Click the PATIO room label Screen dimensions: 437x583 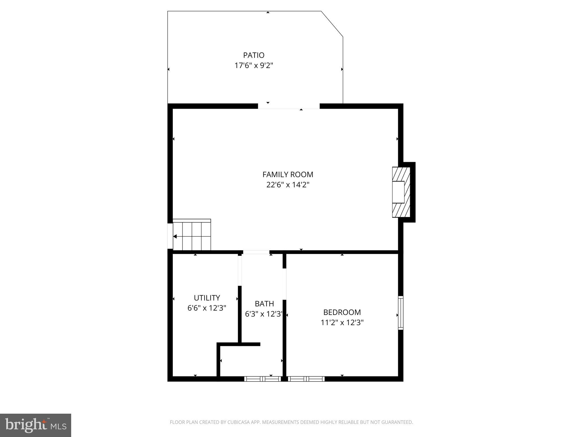point(254,55)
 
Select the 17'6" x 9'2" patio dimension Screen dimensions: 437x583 point(254,66)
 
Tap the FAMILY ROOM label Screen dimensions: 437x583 point(288,174)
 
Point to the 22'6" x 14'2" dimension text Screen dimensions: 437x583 point(288,185)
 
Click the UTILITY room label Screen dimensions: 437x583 point(207,298)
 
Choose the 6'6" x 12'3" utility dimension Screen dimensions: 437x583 point(207,308)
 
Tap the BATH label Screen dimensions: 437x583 point(264,304)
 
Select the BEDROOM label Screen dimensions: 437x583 point(342,312)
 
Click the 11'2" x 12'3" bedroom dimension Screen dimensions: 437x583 point(342,323)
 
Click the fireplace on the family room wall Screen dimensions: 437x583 point(401,192)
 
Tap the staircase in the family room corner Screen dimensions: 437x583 point(192,235)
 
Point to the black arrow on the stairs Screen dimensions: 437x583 point(175,236)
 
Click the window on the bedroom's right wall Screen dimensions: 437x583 point(401,313)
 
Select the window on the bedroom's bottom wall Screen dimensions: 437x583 point(306,379)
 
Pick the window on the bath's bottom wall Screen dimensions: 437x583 point(262,379)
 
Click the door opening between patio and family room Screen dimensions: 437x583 point(289,106)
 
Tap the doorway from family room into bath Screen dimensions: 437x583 point(256,252)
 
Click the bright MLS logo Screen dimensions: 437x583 point(36,425)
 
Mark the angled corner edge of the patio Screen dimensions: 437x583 point(332,24)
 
